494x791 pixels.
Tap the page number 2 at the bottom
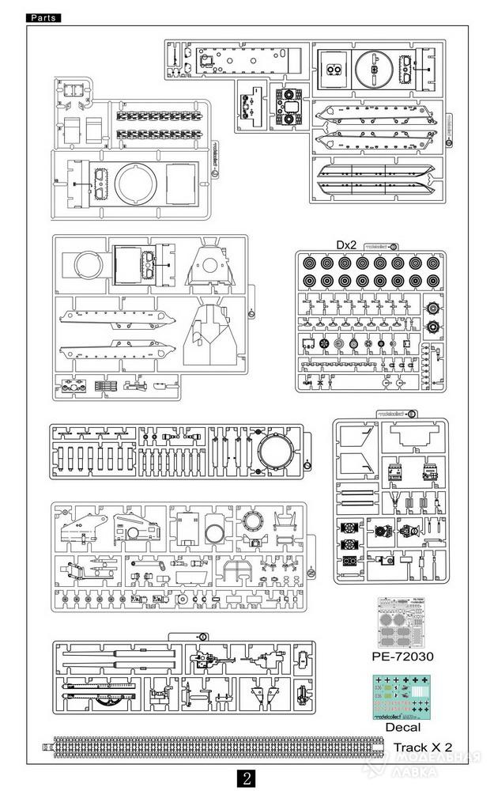tap(247, 778)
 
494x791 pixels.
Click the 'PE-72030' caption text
tap(402, 657)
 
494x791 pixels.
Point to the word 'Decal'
tap(402, 727)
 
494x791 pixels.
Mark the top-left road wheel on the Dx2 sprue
tap(309, 263)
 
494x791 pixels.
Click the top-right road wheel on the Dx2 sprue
tap(433, 263)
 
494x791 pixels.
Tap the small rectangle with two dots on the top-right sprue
tap(334, 69)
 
